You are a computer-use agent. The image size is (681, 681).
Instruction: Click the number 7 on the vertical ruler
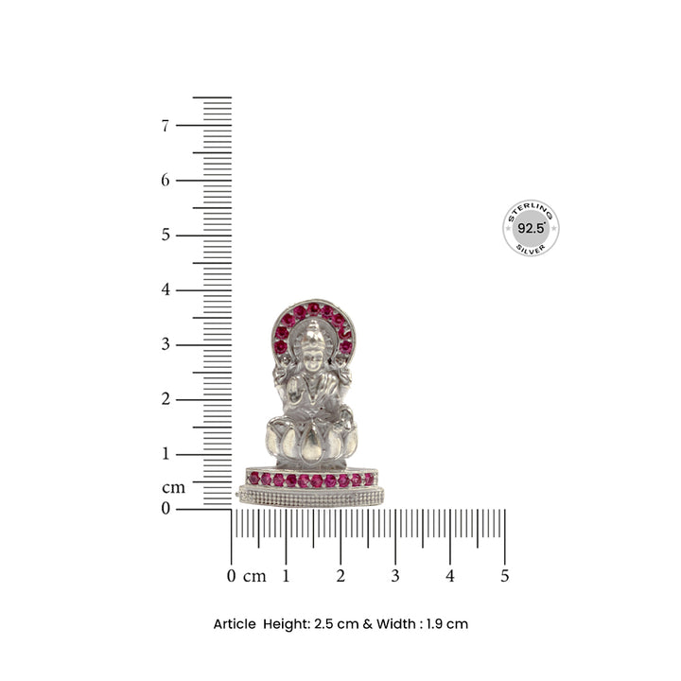(166, 125)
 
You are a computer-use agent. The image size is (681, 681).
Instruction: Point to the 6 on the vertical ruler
(166, 180)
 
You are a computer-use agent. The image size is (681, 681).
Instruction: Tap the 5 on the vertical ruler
(166, 235)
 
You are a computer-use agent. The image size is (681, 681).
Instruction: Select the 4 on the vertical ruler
(166, 289)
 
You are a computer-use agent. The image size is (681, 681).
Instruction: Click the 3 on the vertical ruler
(166, 344)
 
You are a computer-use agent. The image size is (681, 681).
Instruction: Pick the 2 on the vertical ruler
(166, 399)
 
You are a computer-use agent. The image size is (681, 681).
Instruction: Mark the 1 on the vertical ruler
(166, 454)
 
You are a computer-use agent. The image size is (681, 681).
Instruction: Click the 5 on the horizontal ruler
(505, 576)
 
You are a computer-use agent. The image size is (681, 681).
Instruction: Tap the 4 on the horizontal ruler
(450, 576)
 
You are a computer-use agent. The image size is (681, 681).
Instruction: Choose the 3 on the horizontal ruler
(395, 576)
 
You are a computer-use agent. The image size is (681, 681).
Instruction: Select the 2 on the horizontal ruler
(340, 576)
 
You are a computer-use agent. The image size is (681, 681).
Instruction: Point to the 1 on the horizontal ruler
(286, 576)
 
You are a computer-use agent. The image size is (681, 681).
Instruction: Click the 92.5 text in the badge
(531, 229)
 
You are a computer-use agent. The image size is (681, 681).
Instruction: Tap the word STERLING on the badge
(531, 210)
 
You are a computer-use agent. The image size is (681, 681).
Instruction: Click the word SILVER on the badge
(531, 248)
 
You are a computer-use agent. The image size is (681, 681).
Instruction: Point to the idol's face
(312, 344)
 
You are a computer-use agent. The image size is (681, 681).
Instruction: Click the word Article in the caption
(235, 624)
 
